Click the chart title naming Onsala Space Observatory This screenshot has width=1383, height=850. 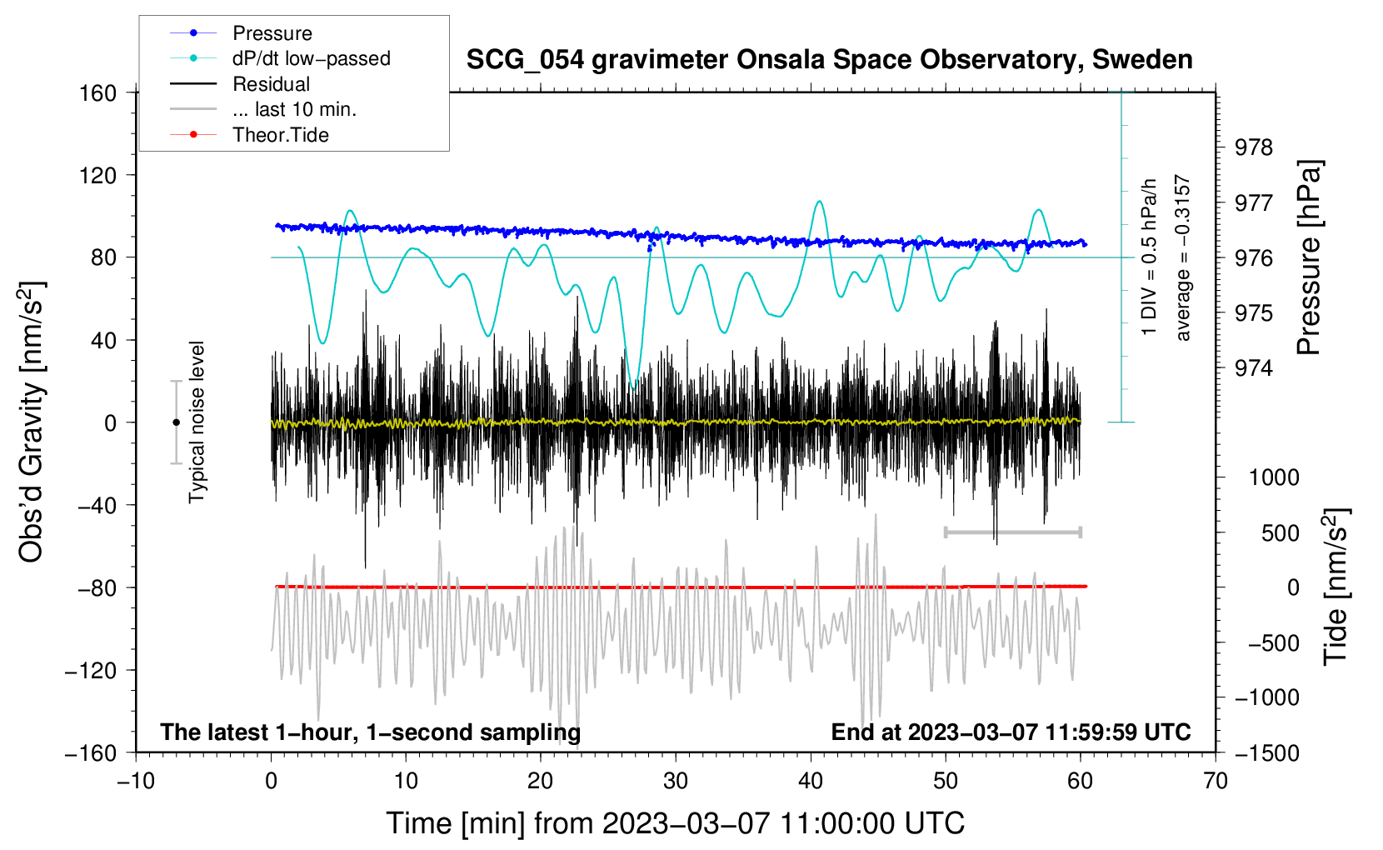(x=829, y=60)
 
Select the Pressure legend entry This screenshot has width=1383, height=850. (x=272, y=33)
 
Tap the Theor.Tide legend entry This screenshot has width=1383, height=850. (x=281, y=135)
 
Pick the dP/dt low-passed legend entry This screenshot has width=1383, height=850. (x=311, y=58)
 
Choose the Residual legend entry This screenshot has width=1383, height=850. (x=271, y=84)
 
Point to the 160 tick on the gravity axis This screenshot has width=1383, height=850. (x=98, y=92)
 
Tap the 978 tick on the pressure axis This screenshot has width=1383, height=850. (x=1254, y=147)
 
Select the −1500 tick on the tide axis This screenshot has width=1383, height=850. (x=1266, y=752)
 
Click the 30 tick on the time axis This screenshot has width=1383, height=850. (x=676, y=781)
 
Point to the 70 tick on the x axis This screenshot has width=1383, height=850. (x=1216, y=781)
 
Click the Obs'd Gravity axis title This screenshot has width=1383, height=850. (x=31, y=422)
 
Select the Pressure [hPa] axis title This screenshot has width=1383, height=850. (x=1309, y=257)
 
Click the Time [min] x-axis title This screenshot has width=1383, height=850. (x=675, y=823)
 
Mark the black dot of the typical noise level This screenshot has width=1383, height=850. (x=176, y=422)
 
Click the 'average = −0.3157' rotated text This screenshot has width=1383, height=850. (x=1182, y=257)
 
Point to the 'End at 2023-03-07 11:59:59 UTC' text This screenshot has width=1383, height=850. (x=1011, y=732)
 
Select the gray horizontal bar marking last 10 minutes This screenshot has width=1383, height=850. (x=1012, y=532)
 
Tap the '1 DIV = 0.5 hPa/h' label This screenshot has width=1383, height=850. (x=1149, y=256)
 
